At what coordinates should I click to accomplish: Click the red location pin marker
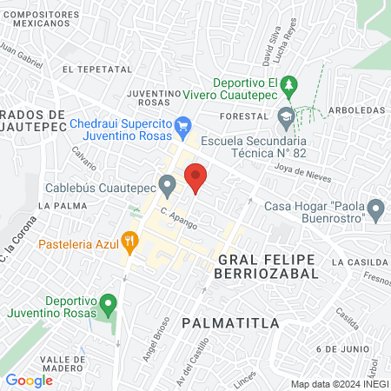195,177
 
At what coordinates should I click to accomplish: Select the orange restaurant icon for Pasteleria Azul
129,241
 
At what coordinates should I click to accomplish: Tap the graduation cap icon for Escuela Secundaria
286,116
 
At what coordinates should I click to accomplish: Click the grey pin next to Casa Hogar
376,209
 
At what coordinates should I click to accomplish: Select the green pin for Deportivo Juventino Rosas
109,305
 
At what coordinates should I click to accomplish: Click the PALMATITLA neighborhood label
230,323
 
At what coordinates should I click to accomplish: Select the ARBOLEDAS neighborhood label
359,111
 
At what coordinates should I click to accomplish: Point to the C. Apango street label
178,218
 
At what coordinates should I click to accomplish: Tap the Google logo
29,380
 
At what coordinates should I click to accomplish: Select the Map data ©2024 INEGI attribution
338,384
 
